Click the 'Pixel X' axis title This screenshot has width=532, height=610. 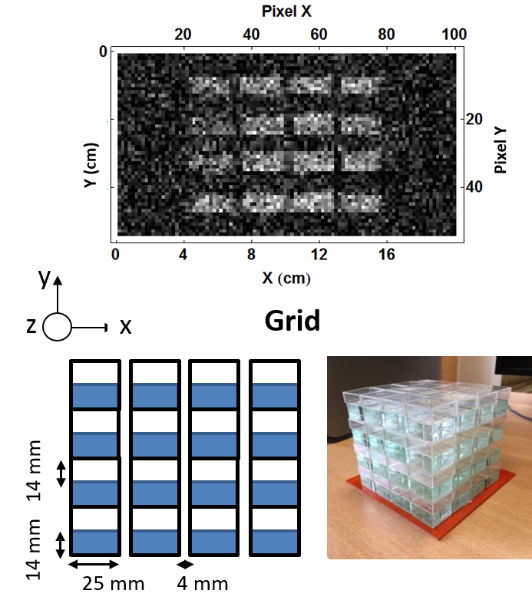point(286,11)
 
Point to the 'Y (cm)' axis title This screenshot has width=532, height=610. point(91,166)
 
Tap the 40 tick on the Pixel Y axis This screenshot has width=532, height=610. point(474,187)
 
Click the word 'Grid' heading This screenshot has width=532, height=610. point(292,321)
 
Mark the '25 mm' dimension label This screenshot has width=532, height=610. point(114,583)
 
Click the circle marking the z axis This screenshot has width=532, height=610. point(57,327)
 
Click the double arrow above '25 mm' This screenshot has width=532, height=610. point(94,564)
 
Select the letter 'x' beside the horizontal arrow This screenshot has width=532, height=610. point(125,328)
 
